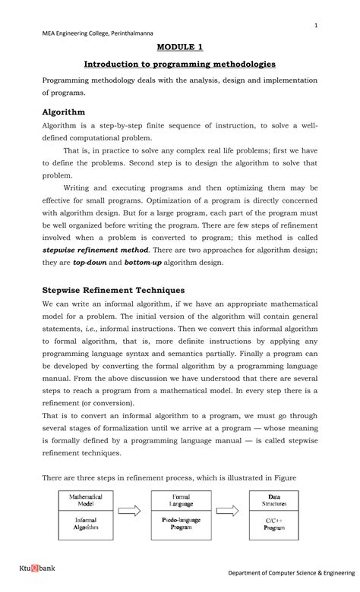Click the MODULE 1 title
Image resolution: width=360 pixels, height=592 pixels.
click(x=180, y=46)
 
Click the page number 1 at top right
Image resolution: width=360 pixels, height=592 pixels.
click(x=314, y=26)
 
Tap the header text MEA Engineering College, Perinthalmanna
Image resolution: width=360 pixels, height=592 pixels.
click(x=91, y=33)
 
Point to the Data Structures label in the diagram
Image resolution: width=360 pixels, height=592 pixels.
click(x=274, y=501)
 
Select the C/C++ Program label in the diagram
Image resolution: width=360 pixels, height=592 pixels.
click(x=274, y=522)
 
